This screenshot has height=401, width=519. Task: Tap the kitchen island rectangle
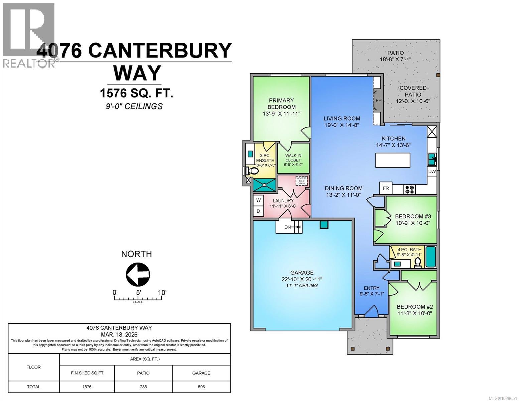pos(393,160)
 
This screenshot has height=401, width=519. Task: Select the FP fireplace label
pos(378,100)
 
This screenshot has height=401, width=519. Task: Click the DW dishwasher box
pos(432,171)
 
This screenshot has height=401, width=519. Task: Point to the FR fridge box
pos(386,188)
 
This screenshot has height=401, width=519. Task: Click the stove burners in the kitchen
pos(410,189)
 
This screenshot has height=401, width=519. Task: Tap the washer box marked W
pos(258,200)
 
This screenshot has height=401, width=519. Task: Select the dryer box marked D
pos(258,211)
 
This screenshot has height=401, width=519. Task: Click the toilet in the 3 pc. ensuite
pos(252,171)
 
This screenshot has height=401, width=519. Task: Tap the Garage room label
pos(302,273)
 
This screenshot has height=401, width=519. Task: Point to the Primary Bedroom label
pos(282,104)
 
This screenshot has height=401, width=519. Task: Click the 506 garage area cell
pos(201,387)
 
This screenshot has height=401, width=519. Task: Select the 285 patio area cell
pos(143,387)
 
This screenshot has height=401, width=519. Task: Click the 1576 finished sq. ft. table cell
pos(87,387)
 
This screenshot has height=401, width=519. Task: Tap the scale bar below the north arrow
pos(138,298)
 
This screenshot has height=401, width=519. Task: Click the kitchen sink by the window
pos(432,159)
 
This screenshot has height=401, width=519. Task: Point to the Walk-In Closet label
pos(293,160)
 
